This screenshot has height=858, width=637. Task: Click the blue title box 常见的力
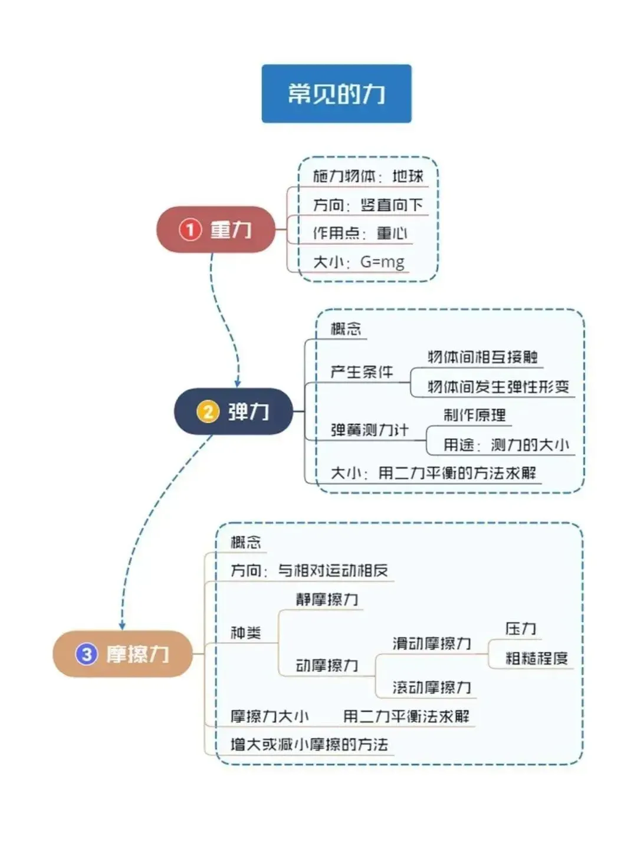pyautogui.click(x=336, y=94)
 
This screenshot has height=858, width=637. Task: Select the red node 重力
pyautogui.click(x=216, y=229)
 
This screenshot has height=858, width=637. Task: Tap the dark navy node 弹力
pyautogui.click(x=234, y=411)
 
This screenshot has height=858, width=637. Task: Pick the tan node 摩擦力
pyautogui.click(x=123, y=653)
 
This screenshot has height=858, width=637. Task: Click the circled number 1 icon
pyautogui.click(x=190, y=229)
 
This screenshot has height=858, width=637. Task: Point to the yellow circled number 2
pyautogui.click(x=208, y=411)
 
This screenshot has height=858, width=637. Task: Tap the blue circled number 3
pyautogui.click(x=86, y=653)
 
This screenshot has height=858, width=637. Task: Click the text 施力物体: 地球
pyautogui.click(x=367, y=176)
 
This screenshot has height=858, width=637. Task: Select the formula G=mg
pyautogui.click(x=382, y=261)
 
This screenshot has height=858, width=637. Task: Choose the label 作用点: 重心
pyautogui.click(x=360, y=233)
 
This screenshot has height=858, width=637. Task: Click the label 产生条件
pyautogui.click(x=361, y=372)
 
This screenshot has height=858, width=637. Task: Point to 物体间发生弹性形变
pyautogui.click(x=498, y=387)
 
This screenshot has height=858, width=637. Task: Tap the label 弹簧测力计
pyautogui.click(x=369, y=430)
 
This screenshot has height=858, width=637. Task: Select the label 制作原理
pyautogui.click(x=474, y=415)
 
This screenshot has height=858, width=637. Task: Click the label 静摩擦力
pyautogui.click(x=327, y=600)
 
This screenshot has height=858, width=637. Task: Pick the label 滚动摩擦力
pyautogui.click(x=432, y=687)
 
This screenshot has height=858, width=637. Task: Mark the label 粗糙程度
pyautogui.click(x=536, y=658)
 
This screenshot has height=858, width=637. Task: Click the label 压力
pyautogui.click(x=520, y=629)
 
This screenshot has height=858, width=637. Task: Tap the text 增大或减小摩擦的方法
pyautogui.click(x=309, y=744)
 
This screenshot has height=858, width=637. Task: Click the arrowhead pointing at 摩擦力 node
pyautogui.click(x=122, y=626)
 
